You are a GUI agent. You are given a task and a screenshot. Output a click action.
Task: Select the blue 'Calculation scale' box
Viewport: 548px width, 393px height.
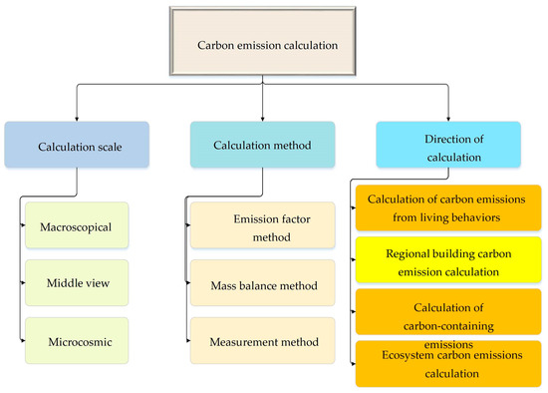tap(76, 145)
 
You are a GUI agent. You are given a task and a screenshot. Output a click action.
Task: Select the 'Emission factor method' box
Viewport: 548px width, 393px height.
tap(260, 228)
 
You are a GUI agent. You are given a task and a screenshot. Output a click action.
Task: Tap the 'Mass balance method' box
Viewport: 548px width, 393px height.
tap(260, 284)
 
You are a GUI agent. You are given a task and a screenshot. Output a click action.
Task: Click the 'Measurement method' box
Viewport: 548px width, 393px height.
tap(260, 340)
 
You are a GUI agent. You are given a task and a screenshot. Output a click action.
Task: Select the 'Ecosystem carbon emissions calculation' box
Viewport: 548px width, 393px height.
tap(448, 364)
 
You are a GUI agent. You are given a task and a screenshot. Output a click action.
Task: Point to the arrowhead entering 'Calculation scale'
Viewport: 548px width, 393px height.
tap(76, 118)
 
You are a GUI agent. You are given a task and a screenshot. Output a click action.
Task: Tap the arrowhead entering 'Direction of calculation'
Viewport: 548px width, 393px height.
tap(447, 118)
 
